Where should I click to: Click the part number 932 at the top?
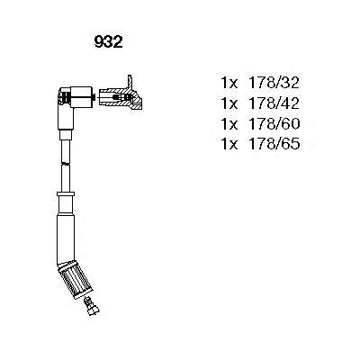[108, 42]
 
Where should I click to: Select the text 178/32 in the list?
[273, 83]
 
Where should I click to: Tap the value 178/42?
[273, 103]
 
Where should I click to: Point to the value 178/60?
[273, 123]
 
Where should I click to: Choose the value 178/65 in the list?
[273, 144]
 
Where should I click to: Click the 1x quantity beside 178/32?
[229, 83]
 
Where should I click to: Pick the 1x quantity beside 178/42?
[229, 103]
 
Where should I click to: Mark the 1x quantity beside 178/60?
[229, 123]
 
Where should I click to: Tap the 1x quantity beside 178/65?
[229, 144]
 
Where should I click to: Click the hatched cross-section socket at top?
[120, 97]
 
